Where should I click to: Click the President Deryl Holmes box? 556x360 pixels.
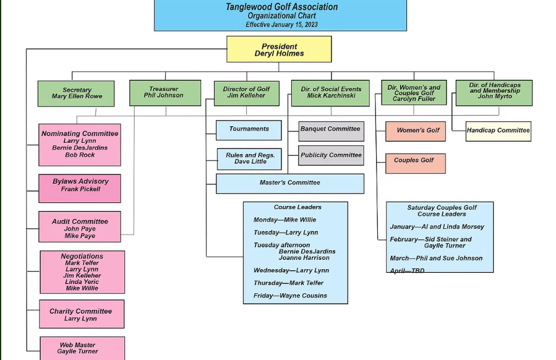(x=279, y=49)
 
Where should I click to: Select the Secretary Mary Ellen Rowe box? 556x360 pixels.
(x=76, y=93)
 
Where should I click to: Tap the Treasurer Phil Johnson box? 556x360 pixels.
(x=165, y=93)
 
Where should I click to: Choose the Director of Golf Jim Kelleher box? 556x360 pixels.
(x=246, y=93)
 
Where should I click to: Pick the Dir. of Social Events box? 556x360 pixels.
(x=330, y=93)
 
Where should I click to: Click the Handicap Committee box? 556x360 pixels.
(x=498, y=131)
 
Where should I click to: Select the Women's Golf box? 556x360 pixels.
(x=415, y=131)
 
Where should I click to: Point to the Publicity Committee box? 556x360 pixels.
(x=330, y=155)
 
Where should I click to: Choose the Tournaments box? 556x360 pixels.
(x=249, y=129)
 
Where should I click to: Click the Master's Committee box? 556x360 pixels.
(x=289, y=183)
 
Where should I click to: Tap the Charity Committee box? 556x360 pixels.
(x=81, y=314)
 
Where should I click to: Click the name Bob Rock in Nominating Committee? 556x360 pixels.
(x=80, y=155)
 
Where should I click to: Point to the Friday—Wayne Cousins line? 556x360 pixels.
(x=290, y=296)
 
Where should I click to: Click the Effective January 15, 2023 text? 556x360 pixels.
(x=281, y=25)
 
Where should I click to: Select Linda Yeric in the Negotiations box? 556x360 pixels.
(x=82, y=282)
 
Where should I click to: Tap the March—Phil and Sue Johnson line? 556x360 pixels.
(x=436, y=259)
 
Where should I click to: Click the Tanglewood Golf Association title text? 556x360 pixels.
(x=281, y=7)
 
